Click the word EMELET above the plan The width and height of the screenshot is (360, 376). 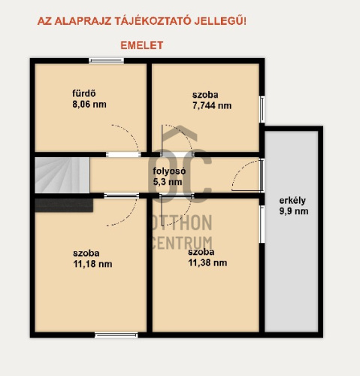[x=142, y=45]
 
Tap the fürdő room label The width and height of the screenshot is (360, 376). [x=84, y=93]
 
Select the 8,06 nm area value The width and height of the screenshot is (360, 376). [x=89, y=105]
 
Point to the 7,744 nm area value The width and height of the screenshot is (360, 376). [x=212, y=105]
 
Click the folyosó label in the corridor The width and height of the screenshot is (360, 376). [x=169, y=171]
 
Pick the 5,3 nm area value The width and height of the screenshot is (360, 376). [x=168, y=182]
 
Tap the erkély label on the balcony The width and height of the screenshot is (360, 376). [x=292, y=201]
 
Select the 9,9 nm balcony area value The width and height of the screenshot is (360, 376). [x=294, y=211]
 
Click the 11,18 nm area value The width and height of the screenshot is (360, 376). [x=92, y=264]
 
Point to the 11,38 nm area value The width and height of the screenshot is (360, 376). [x=207, y=262]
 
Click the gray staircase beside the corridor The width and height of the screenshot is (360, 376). [x=62, y=175]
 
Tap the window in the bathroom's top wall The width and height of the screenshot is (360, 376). [x=107, y=60]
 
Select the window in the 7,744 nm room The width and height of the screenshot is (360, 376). [x=262, y=109]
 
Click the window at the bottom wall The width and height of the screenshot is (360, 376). [x=116, y=335]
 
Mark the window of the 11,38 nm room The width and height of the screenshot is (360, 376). [x=262, y=224]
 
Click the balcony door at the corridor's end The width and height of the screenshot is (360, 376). [x=262, y=175]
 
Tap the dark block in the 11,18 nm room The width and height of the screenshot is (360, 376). [x=64, y=205]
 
